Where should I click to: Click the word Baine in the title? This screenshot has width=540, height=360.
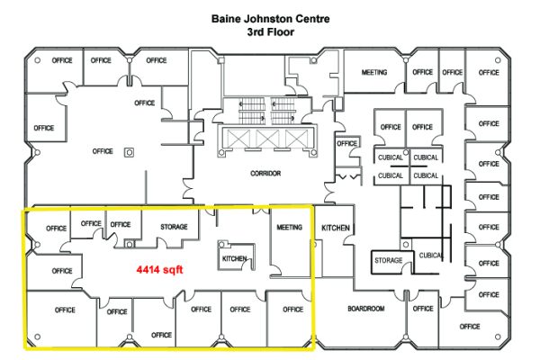tap(227, 17)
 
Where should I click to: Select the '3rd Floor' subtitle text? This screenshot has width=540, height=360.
tap(271, 31)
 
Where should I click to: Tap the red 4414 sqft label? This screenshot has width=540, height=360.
tap(163, 268)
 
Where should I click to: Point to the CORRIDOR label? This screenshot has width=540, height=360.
tap(266, 173)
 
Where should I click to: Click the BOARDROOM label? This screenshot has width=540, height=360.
tap(365, 309)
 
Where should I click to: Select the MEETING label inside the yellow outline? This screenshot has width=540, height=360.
tap(290, 227)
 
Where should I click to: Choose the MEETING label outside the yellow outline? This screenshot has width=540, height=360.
tap(374, 72)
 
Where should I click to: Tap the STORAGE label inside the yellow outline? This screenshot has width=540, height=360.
tap(173, 227)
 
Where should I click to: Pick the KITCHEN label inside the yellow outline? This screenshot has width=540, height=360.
tap(234, 259)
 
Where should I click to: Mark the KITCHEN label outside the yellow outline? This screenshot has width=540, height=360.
tap(335, 229)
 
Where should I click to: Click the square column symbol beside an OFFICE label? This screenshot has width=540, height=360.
tap(129, 151)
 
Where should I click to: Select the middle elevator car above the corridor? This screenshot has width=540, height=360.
tap(266, 138)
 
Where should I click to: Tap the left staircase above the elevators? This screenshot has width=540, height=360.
tap(248, 109)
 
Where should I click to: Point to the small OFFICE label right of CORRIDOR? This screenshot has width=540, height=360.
tap(346, 143)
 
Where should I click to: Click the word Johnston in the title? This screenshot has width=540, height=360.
tap(268, 17)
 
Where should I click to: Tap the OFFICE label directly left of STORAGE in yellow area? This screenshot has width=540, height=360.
tap(120, 224)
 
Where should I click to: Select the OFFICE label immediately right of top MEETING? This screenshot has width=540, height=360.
tap(422, 72)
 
